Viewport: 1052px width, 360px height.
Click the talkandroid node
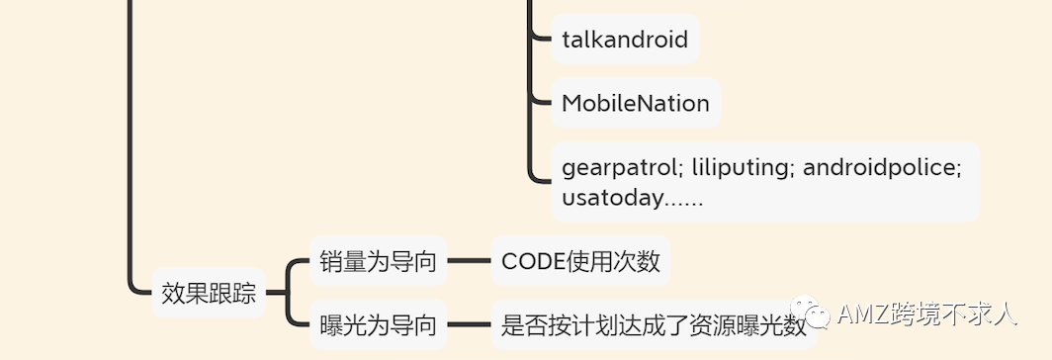pyautogui.click(x=624, y=40)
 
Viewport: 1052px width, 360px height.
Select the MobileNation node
pyautogui.click(x=635, y=103)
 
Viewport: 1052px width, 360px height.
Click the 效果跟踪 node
pyautogui.click(x=209, y=293)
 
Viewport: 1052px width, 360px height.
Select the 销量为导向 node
pyautogui.click(x=378, y=262)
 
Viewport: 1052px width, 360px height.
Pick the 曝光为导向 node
pyautogui.click(x=378, y=324)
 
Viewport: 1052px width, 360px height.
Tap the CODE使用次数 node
pyautogui.click(x=579, y=262)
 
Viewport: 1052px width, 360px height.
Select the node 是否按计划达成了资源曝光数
pyautogui.click(x=653, y=325)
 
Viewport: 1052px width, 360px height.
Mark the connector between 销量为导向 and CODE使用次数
pyautogui.click(x=469, y=262)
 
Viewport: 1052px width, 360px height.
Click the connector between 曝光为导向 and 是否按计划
pyautogui.click(x=469, y=324)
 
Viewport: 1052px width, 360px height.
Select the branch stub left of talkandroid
pyautogui.click(x=541, y=40)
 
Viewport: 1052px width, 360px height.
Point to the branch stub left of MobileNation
pyautogui.click(x=541, y=102)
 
